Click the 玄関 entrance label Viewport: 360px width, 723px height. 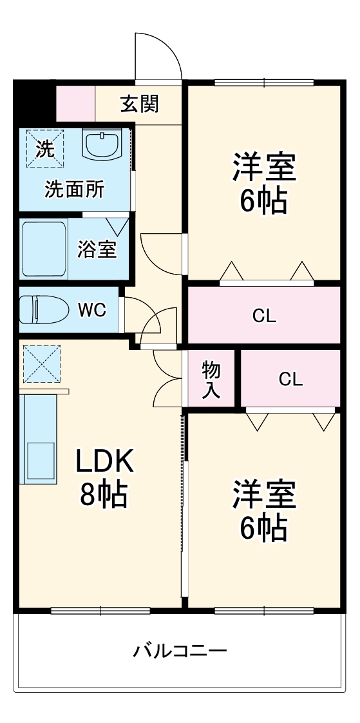coord(140,104)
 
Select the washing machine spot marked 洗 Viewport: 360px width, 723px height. coord(46,148)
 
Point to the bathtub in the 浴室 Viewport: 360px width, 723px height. coord(43,249)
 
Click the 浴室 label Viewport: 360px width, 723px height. coord(97,249)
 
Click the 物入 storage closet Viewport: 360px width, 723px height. coord(211,379)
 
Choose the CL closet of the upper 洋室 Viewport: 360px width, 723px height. coord(263,316)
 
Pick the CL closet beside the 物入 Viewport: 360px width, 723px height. coord(290,379)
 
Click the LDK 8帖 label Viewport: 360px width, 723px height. coord(104,477)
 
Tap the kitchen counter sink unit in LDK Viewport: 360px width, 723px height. coord(39,438)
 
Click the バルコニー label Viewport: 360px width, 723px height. coord(180,651)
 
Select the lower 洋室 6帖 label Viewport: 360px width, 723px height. coord(263,511)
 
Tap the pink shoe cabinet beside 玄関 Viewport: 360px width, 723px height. coord(76,103)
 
